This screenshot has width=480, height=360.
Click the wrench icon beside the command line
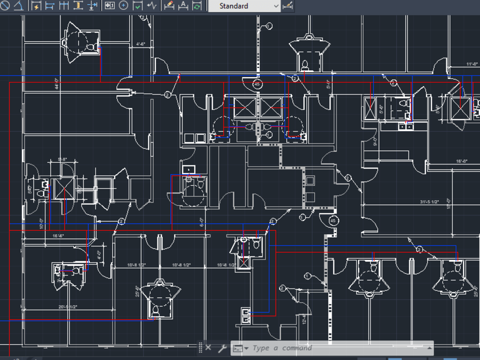pos(222,348)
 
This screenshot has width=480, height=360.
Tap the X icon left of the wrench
pos(208,348)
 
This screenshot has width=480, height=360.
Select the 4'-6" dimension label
pos(141,44)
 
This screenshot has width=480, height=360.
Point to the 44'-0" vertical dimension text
pos(57,84)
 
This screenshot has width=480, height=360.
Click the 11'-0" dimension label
pos(472,64)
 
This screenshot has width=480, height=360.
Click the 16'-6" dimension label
pos(58,236)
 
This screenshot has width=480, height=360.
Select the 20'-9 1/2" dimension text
pos(68,307)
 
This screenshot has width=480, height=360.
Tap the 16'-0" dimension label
pos(462,162)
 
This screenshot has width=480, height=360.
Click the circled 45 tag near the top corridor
pos(257,84)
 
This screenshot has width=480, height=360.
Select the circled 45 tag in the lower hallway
pos(333,221)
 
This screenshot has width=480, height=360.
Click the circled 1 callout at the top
pos(269,25)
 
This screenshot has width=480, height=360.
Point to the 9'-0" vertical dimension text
pos(375,142)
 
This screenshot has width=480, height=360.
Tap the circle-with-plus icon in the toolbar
pos(123,6)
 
